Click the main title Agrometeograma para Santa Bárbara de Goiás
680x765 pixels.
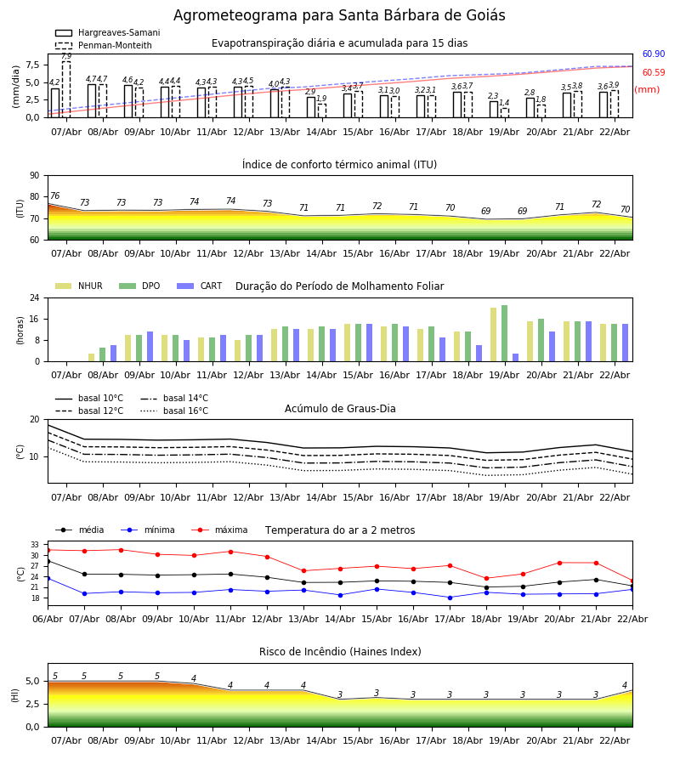click(339, 16)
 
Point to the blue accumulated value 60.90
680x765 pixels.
click(653, 54)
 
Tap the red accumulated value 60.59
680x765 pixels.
click(653, 73)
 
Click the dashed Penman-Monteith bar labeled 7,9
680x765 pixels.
click(66, 88)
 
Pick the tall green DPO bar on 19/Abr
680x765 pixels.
click(505, 333)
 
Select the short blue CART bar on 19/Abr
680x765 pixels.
click(515, 357)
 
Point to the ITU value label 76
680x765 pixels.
click(54, 196)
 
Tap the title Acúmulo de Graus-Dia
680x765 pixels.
click(340, 409)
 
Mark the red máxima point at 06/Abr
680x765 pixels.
click(48, 550)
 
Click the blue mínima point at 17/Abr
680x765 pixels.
click(450, 598)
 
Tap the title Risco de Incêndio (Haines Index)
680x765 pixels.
click(340, 652)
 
